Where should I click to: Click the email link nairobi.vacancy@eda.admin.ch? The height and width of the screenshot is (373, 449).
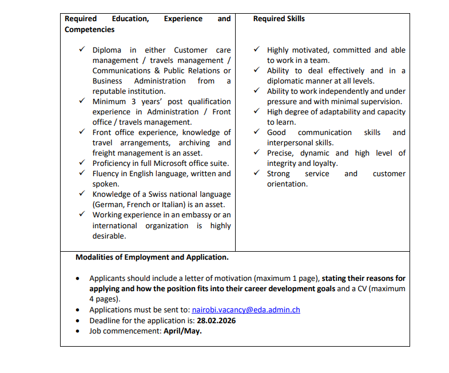click(x=246, y=310)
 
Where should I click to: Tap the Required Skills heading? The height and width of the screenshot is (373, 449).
click(x=279, y=19)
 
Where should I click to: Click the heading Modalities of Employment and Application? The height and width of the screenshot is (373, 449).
click(x=152, y=257)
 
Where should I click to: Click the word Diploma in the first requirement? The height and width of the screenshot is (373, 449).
click(x=107, y=50)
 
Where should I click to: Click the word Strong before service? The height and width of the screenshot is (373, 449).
click(x=279, y=174)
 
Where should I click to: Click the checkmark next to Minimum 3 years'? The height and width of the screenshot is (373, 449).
click(x=82, y=101)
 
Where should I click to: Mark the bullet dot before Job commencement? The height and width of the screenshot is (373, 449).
click(x=78, y=331)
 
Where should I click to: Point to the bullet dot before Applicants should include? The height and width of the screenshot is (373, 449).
click(x=78, y=279)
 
